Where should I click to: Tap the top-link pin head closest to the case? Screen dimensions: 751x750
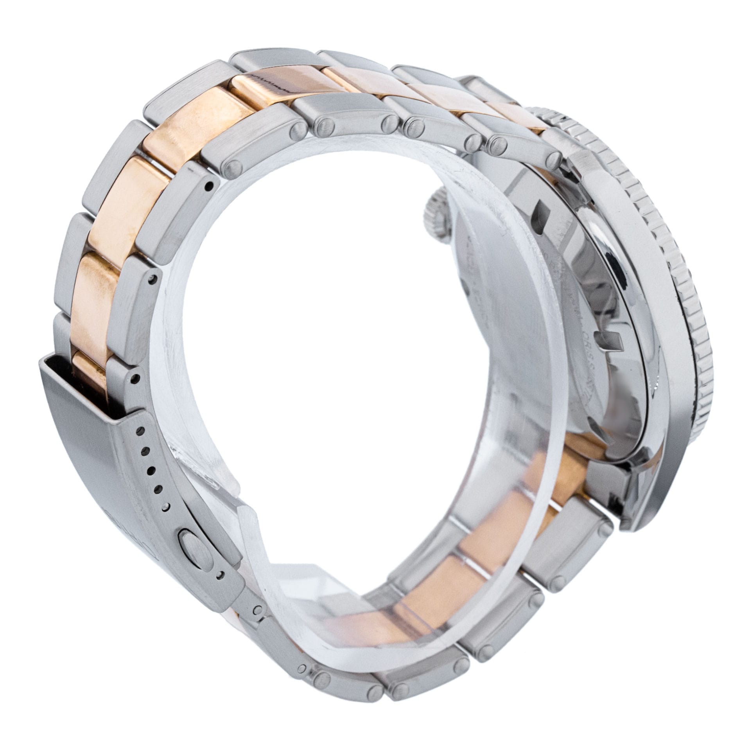pyautogui.click(x=553, y=157)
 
